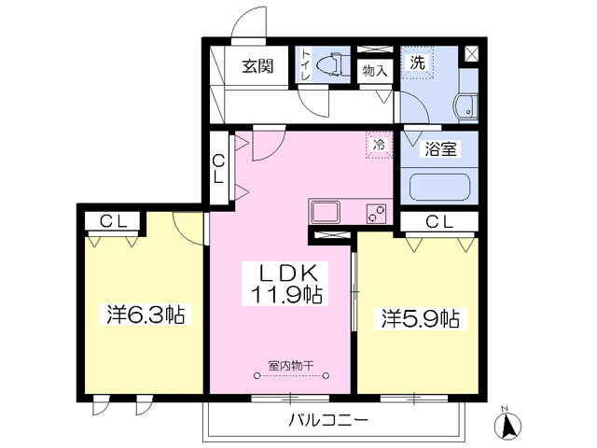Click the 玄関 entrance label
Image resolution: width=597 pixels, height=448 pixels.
click(257, 66)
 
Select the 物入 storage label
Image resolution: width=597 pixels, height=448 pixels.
click(375, 71)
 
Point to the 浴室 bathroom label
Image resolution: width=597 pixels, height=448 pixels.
click(441, 147)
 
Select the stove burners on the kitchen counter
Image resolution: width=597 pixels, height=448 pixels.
click(376, 212)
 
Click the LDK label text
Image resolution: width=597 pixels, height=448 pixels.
click(289, 273)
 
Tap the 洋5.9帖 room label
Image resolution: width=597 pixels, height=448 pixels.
click(418, 317)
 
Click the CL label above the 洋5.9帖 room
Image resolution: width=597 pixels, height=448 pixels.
click(439, 221)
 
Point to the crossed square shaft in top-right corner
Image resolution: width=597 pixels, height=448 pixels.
click(472, 54)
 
